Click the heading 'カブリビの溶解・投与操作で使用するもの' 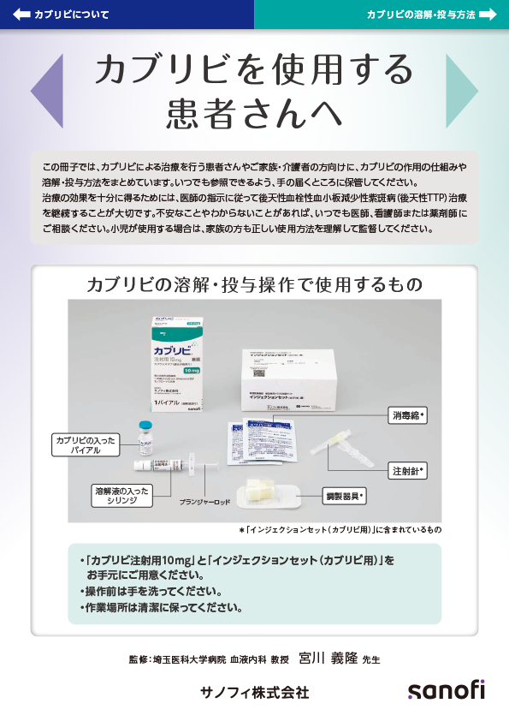[x=254, y=284]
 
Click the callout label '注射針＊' [x=409, y=470]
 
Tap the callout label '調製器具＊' [x=344, y=496]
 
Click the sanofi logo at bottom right [x=445, y=690]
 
